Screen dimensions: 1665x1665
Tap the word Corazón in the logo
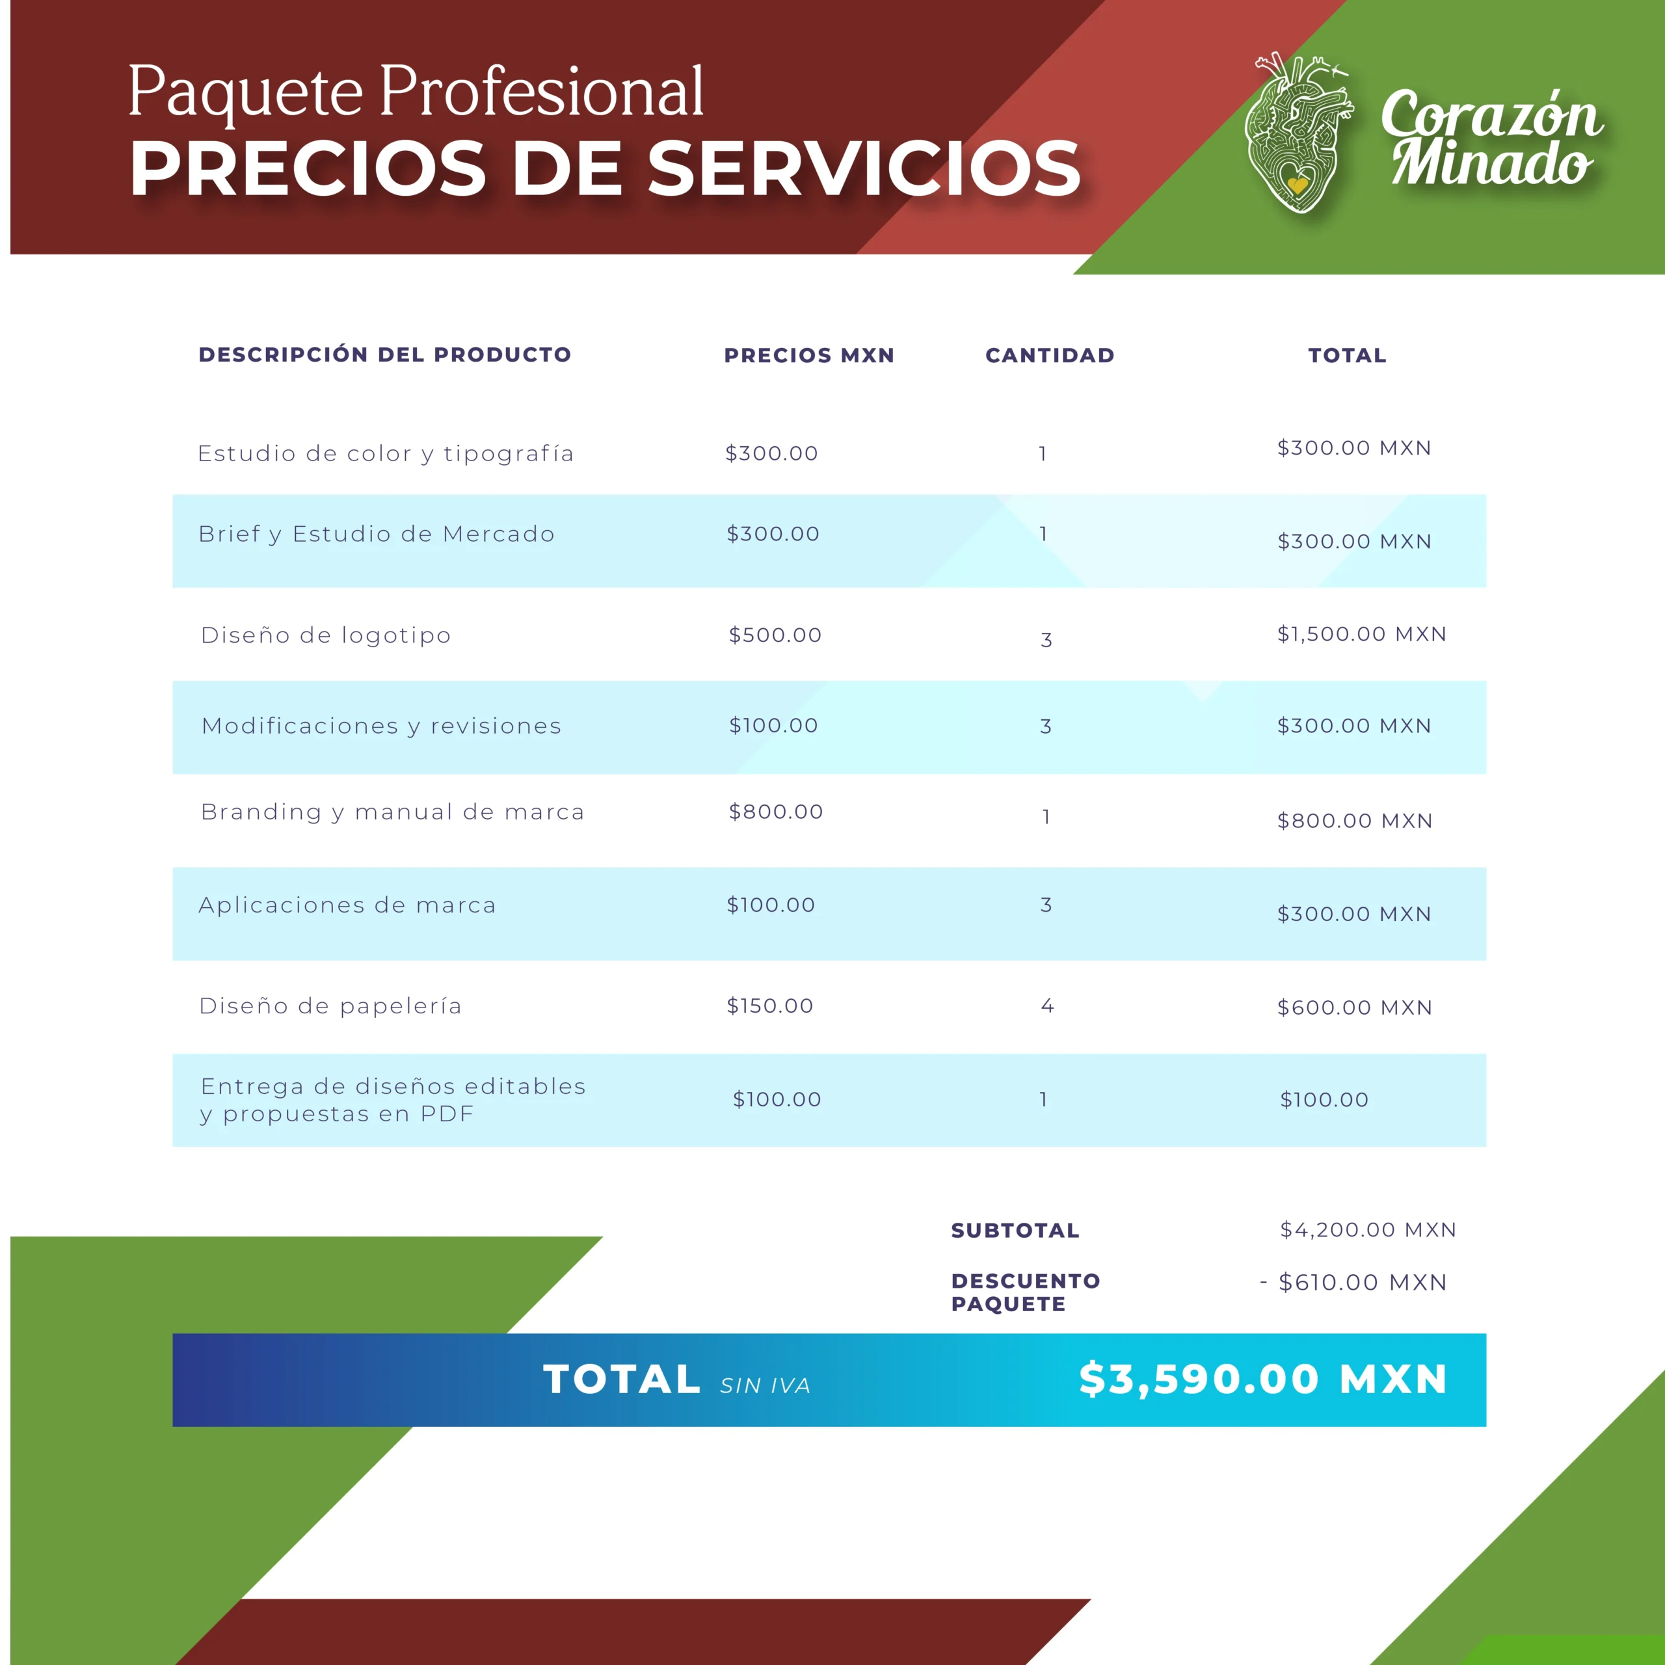pyautogui.click(x=1491, y=114)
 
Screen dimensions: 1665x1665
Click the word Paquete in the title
pyautogui.click(x=246, y=92)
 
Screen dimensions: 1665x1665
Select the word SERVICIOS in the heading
pyautogui.click(x=864, y=168)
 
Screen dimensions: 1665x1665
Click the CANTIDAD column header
pyautogui.click(x=1050, y=355)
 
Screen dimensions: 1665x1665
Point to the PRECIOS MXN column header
pyautogui.click(x=809, y=355)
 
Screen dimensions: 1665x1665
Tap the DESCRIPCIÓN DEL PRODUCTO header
pyautogui.click(x=384, y=354)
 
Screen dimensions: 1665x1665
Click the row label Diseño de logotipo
pyautogui.click(x=326, y=635)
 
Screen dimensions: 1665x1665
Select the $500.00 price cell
pyautogui.click(x=775, y=635)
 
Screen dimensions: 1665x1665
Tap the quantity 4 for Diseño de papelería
pyautogui.click(x=1047, y=1006)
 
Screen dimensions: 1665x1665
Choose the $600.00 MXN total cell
pyautogui.click(x=1354, y=1007)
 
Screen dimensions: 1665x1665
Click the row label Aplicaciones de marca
pyautogui.click(x=347, y=905)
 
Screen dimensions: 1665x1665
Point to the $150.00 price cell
pyautogui.click(x=769, y=1006)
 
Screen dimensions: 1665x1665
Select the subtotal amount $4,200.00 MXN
pyautogui.click(x=1368, y=1230)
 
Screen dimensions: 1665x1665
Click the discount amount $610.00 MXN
pyautogui.click(x=1362, y=1283)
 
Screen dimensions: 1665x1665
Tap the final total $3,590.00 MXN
pyautogui.click(x=1262, y=1379)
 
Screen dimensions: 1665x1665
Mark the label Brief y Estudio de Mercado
pyautogui.click(x=377, y=535)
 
